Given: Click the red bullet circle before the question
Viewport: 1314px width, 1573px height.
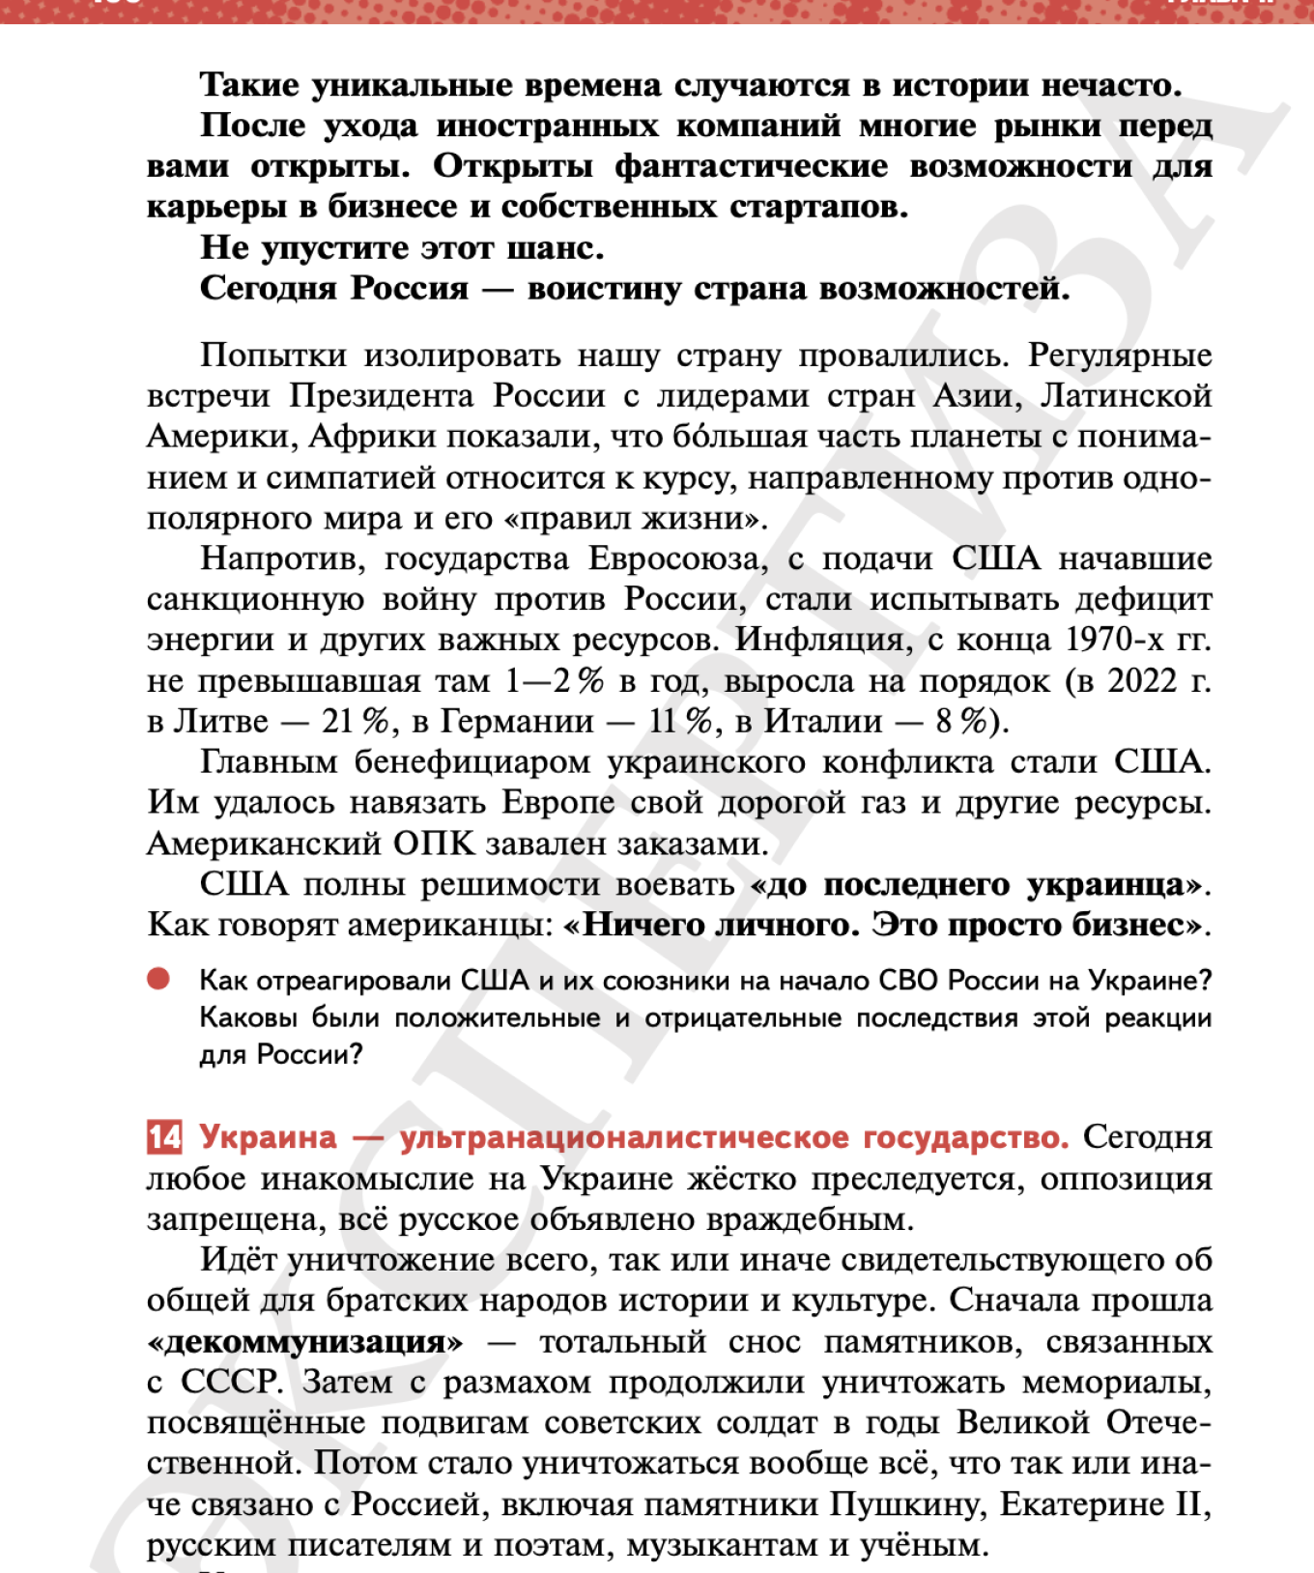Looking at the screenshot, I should coord(158,980).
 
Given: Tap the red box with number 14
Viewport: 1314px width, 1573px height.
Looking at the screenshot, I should coord(164,1137).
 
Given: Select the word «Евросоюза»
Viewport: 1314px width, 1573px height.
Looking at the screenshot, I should coord(674,559).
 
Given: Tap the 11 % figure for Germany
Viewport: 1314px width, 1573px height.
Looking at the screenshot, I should coord(680,722).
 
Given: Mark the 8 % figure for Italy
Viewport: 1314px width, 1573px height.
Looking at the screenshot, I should coord(960,722).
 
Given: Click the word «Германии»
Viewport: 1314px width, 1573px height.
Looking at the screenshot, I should coord(518,722).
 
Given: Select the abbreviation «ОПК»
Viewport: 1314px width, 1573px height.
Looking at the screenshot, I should coord(434,844).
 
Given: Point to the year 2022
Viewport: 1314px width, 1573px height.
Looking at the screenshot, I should coord(1142,681).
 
